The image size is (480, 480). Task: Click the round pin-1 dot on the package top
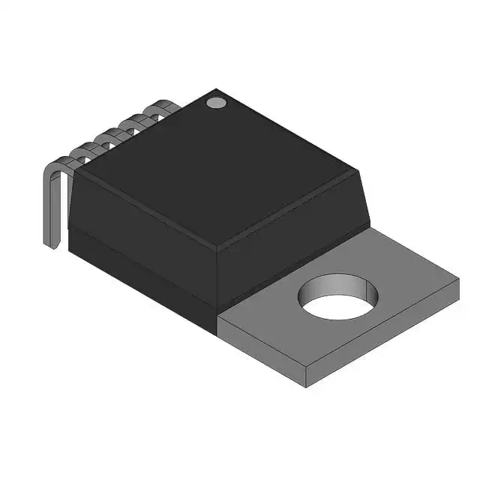point(216,102)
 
